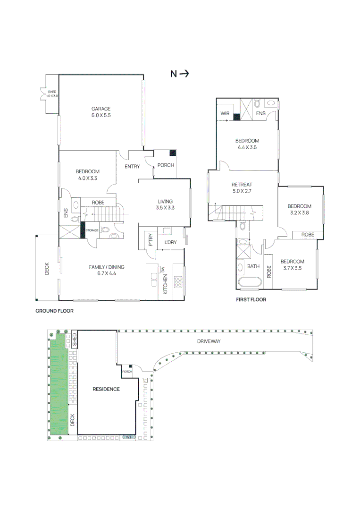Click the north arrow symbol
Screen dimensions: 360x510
click(180, 74)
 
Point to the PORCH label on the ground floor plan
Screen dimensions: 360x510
click(166, 165)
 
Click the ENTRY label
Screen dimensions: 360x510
click(132, 167)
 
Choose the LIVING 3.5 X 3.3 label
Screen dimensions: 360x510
click(165, 204)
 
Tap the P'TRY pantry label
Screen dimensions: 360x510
click(151, 240)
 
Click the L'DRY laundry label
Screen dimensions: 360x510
click(171, 242)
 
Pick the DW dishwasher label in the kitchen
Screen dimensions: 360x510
click(163, 270)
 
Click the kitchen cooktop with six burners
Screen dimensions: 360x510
click(178, 281)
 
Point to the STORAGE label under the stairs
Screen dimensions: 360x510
click(92, 230)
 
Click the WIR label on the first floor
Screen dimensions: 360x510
click(225, 113)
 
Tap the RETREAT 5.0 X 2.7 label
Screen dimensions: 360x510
click(242, 187)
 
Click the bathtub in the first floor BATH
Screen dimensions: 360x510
click(249, 282)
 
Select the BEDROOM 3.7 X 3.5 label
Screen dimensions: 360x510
click(293, 265)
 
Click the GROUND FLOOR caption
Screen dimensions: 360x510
click(55, 311)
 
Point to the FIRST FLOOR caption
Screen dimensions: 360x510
click(251, 299)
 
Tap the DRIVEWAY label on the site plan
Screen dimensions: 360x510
click(209, 341)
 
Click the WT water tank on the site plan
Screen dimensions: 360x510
click(129, 437)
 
